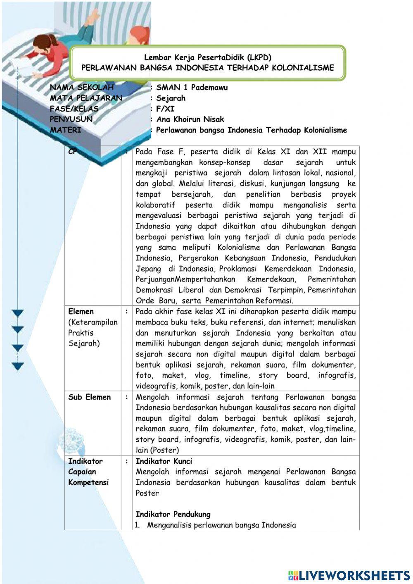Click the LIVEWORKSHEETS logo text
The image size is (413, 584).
(354, 575)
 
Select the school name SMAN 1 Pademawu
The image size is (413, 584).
(192, 88)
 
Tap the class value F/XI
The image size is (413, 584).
(165, 109)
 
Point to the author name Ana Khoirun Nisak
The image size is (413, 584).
(190, 119)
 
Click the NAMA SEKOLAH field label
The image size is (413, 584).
(82, 88)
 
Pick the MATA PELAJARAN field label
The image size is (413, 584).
(86, 98)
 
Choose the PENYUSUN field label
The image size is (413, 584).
(71, 119)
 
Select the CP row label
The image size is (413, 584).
(73, 152)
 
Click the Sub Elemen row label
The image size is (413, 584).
(90, 397)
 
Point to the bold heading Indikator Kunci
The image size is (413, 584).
(164, 461)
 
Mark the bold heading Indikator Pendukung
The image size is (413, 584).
(173, 515)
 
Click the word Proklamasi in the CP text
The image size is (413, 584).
(238, 269)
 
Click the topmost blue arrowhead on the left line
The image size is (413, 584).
(18, 314)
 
